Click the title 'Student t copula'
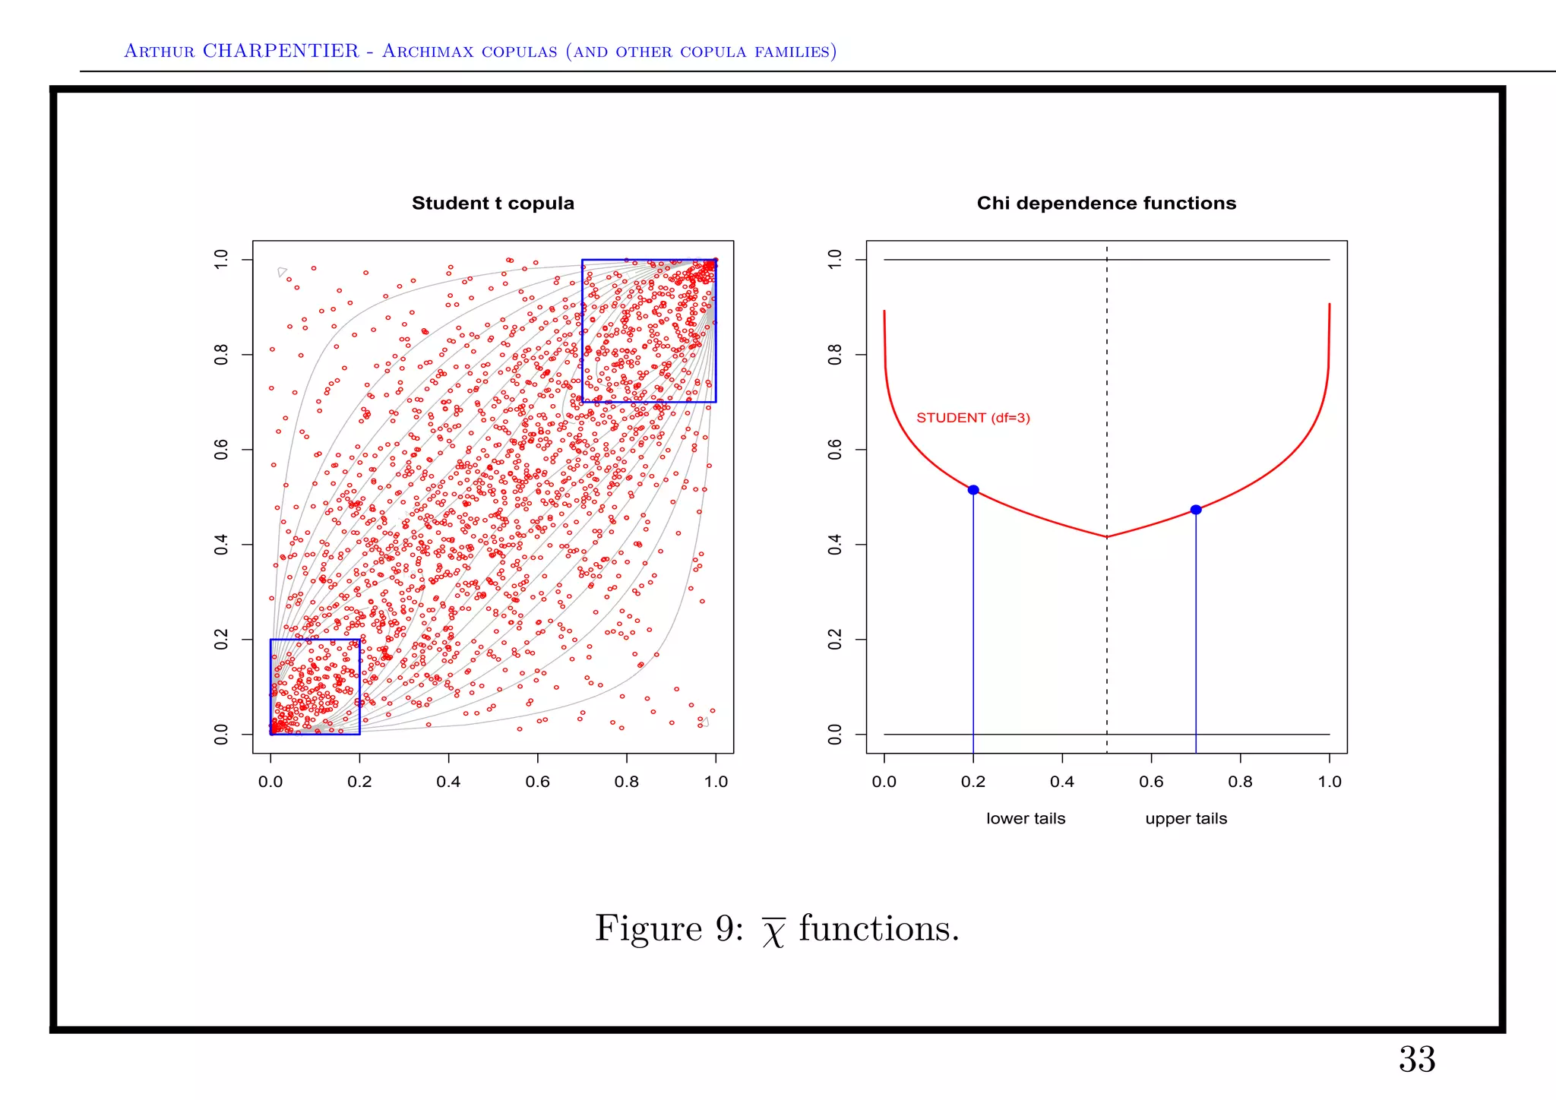tap(492, 204)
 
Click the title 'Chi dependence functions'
tap(1106, 204)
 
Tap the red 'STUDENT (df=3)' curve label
tap(972, 418)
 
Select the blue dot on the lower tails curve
tap(973, 490)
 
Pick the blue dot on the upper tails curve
tap(1196, 510)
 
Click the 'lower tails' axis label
tap(1026, 819)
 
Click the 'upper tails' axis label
tap(1186, 819)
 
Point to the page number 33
tap(1417, 1060)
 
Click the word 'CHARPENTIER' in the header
tap(280, 51)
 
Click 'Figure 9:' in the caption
tap(669, 928)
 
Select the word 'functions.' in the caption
tap(879, 928)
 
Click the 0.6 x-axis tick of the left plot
tap(537, 782)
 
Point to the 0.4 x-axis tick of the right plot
tap(1062, 782)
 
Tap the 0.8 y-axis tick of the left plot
tap(221, 355)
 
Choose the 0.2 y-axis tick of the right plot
tap(835, 640)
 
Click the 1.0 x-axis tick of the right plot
tap(1330, 782)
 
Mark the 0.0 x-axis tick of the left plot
tap(270, 782)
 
